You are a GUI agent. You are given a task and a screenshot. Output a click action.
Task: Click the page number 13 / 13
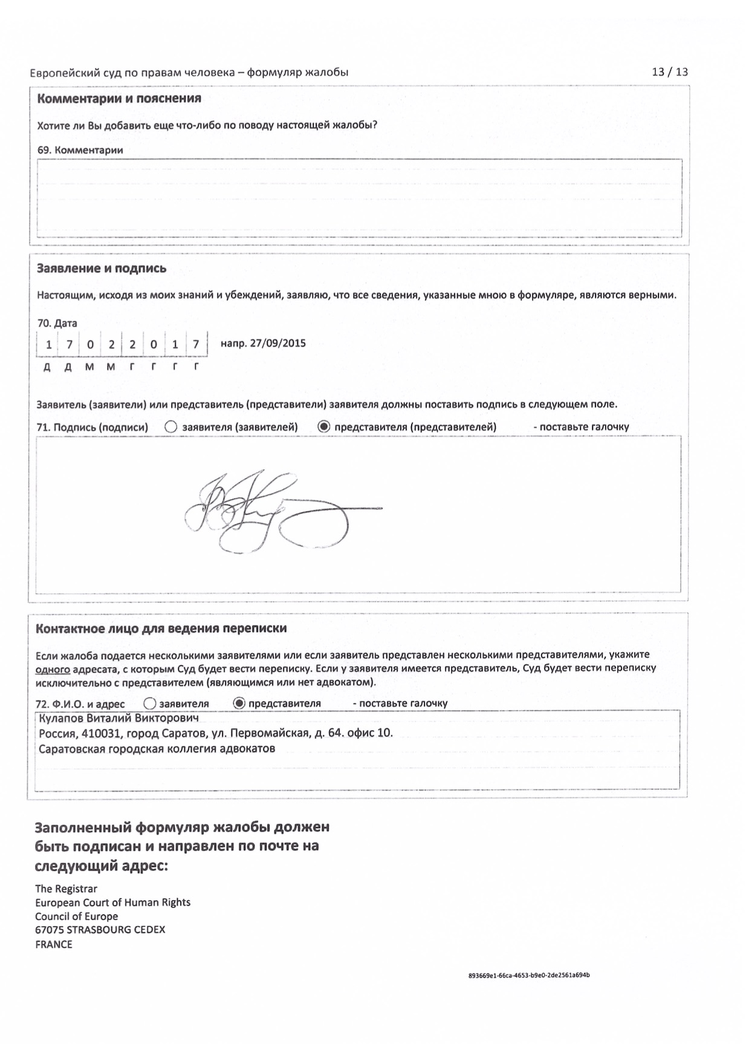(669, 72)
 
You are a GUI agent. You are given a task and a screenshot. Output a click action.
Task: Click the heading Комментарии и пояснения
(119, 99)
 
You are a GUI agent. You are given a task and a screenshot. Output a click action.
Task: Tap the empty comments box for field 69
(359, 198)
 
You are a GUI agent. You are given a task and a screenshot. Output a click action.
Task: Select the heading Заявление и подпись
(102, 269)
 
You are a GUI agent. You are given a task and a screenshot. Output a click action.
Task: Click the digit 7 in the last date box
(196, 345)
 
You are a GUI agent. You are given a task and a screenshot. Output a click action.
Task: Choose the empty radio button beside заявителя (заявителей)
(171, 427)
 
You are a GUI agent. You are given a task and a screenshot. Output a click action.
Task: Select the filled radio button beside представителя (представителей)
(324, 427)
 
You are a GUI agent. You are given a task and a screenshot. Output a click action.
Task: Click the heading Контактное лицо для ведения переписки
(161, 628)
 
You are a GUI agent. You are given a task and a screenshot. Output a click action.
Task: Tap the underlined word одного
(53, 668)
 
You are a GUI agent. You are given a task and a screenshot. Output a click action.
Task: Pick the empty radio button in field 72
(150, 704)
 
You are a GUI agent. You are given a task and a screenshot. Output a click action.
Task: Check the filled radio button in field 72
(239, 704)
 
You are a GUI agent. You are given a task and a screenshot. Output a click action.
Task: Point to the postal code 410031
(102, 733)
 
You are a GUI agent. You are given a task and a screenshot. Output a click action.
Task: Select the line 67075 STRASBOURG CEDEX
(100, 930)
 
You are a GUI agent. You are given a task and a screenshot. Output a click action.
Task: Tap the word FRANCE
(54, 944)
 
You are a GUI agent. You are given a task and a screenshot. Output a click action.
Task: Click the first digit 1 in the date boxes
(48, 345)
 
